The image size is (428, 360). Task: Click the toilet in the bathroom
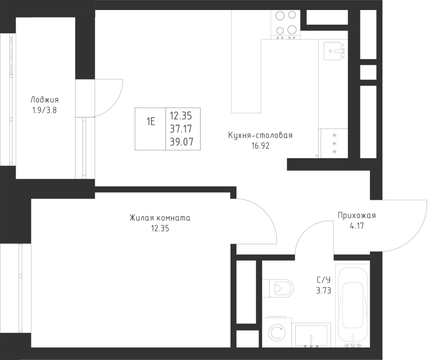point(278,288)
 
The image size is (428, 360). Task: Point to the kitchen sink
point(333,51)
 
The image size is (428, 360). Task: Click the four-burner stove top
point(285,25)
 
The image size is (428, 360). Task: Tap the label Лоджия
point(45,99)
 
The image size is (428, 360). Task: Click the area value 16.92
point(261,146)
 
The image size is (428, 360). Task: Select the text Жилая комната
point(160,218)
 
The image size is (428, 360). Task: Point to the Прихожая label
point(357,215)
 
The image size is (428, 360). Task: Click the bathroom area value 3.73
point(324,291)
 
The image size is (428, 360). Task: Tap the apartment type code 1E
point(150,121)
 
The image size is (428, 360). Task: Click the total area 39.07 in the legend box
point(182,142)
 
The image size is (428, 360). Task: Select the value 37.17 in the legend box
point(181,128)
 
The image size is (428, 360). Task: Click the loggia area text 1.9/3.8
point(44,110)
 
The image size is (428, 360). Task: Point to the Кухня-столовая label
point(260,136)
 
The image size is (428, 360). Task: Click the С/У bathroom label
point(323,280)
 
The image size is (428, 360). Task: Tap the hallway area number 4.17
point(357,226)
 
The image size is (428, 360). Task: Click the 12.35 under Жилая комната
point(160,228)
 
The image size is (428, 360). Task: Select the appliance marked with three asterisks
point(334,143)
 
